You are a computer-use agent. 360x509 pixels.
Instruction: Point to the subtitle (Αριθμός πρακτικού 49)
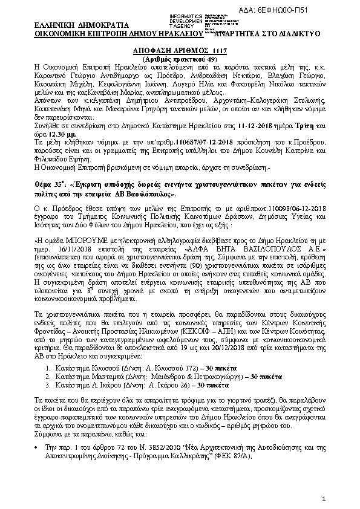tap(179, 59)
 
